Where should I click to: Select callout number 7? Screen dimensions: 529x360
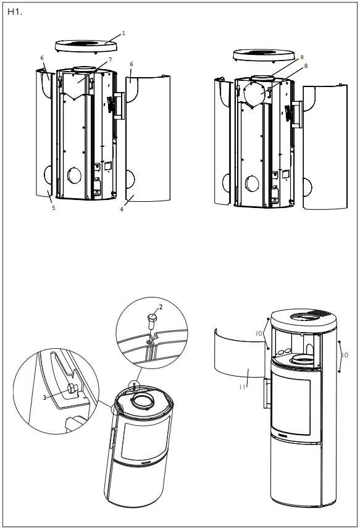110,60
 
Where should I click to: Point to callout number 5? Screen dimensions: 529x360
53,209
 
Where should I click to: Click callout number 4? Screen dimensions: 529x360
122,209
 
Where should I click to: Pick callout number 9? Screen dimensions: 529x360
302,57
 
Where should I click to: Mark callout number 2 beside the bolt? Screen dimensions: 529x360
161,307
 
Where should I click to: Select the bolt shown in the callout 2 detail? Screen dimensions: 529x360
151,320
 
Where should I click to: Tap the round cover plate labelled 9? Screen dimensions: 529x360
255,94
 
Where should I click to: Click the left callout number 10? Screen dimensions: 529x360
259,333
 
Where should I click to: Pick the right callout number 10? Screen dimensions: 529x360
345,355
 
